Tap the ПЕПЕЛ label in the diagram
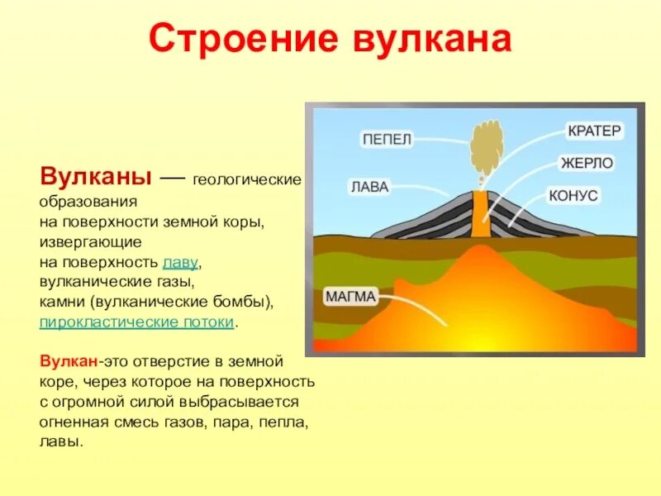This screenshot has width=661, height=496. point(387,139)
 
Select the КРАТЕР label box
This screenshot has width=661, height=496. point(594,131)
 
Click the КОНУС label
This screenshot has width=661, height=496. point(573,196)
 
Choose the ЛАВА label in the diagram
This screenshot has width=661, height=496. point(369,187)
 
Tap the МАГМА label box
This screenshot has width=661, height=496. point(351,296)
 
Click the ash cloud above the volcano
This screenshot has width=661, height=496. point(486,145)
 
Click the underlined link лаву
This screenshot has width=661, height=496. point(181,263)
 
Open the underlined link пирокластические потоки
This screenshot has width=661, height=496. point(137,322)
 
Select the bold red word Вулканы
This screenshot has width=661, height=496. point(95,178)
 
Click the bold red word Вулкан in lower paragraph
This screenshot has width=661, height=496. point(69,362)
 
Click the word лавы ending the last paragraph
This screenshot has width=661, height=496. point(60,441)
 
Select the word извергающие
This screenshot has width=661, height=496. point(91,242)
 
